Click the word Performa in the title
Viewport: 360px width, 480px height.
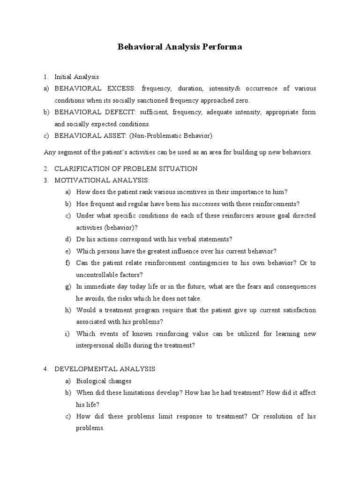coord(223,48)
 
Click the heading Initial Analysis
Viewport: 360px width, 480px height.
coord(77,77)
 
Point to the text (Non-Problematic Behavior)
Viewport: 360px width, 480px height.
coord(174,136)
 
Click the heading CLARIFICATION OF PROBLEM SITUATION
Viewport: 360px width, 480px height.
coord(126,169)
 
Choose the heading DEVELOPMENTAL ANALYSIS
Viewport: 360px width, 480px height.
coord(105,369)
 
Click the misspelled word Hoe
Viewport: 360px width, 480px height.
coord(82,203)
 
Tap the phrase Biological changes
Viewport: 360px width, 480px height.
coord(104,381)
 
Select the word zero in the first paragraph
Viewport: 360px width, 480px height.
coord(242,101)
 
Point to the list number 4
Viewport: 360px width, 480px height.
coord(45,369)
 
